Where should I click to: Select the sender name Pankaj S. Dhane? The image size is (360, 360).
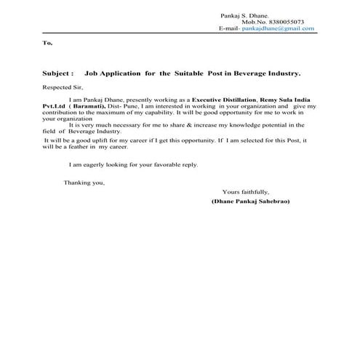pyautogui.click(x=245, y=15)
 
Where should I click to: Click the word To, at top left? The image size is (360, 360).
pyautogui.click(x=48, y=44)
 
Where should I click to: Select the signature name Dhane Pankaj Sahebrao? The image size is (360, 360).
pyautogui.click(x=250, y=200)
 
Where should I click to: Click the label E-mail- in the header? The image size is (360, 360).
pyautogui.click(x=228, y=28)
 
